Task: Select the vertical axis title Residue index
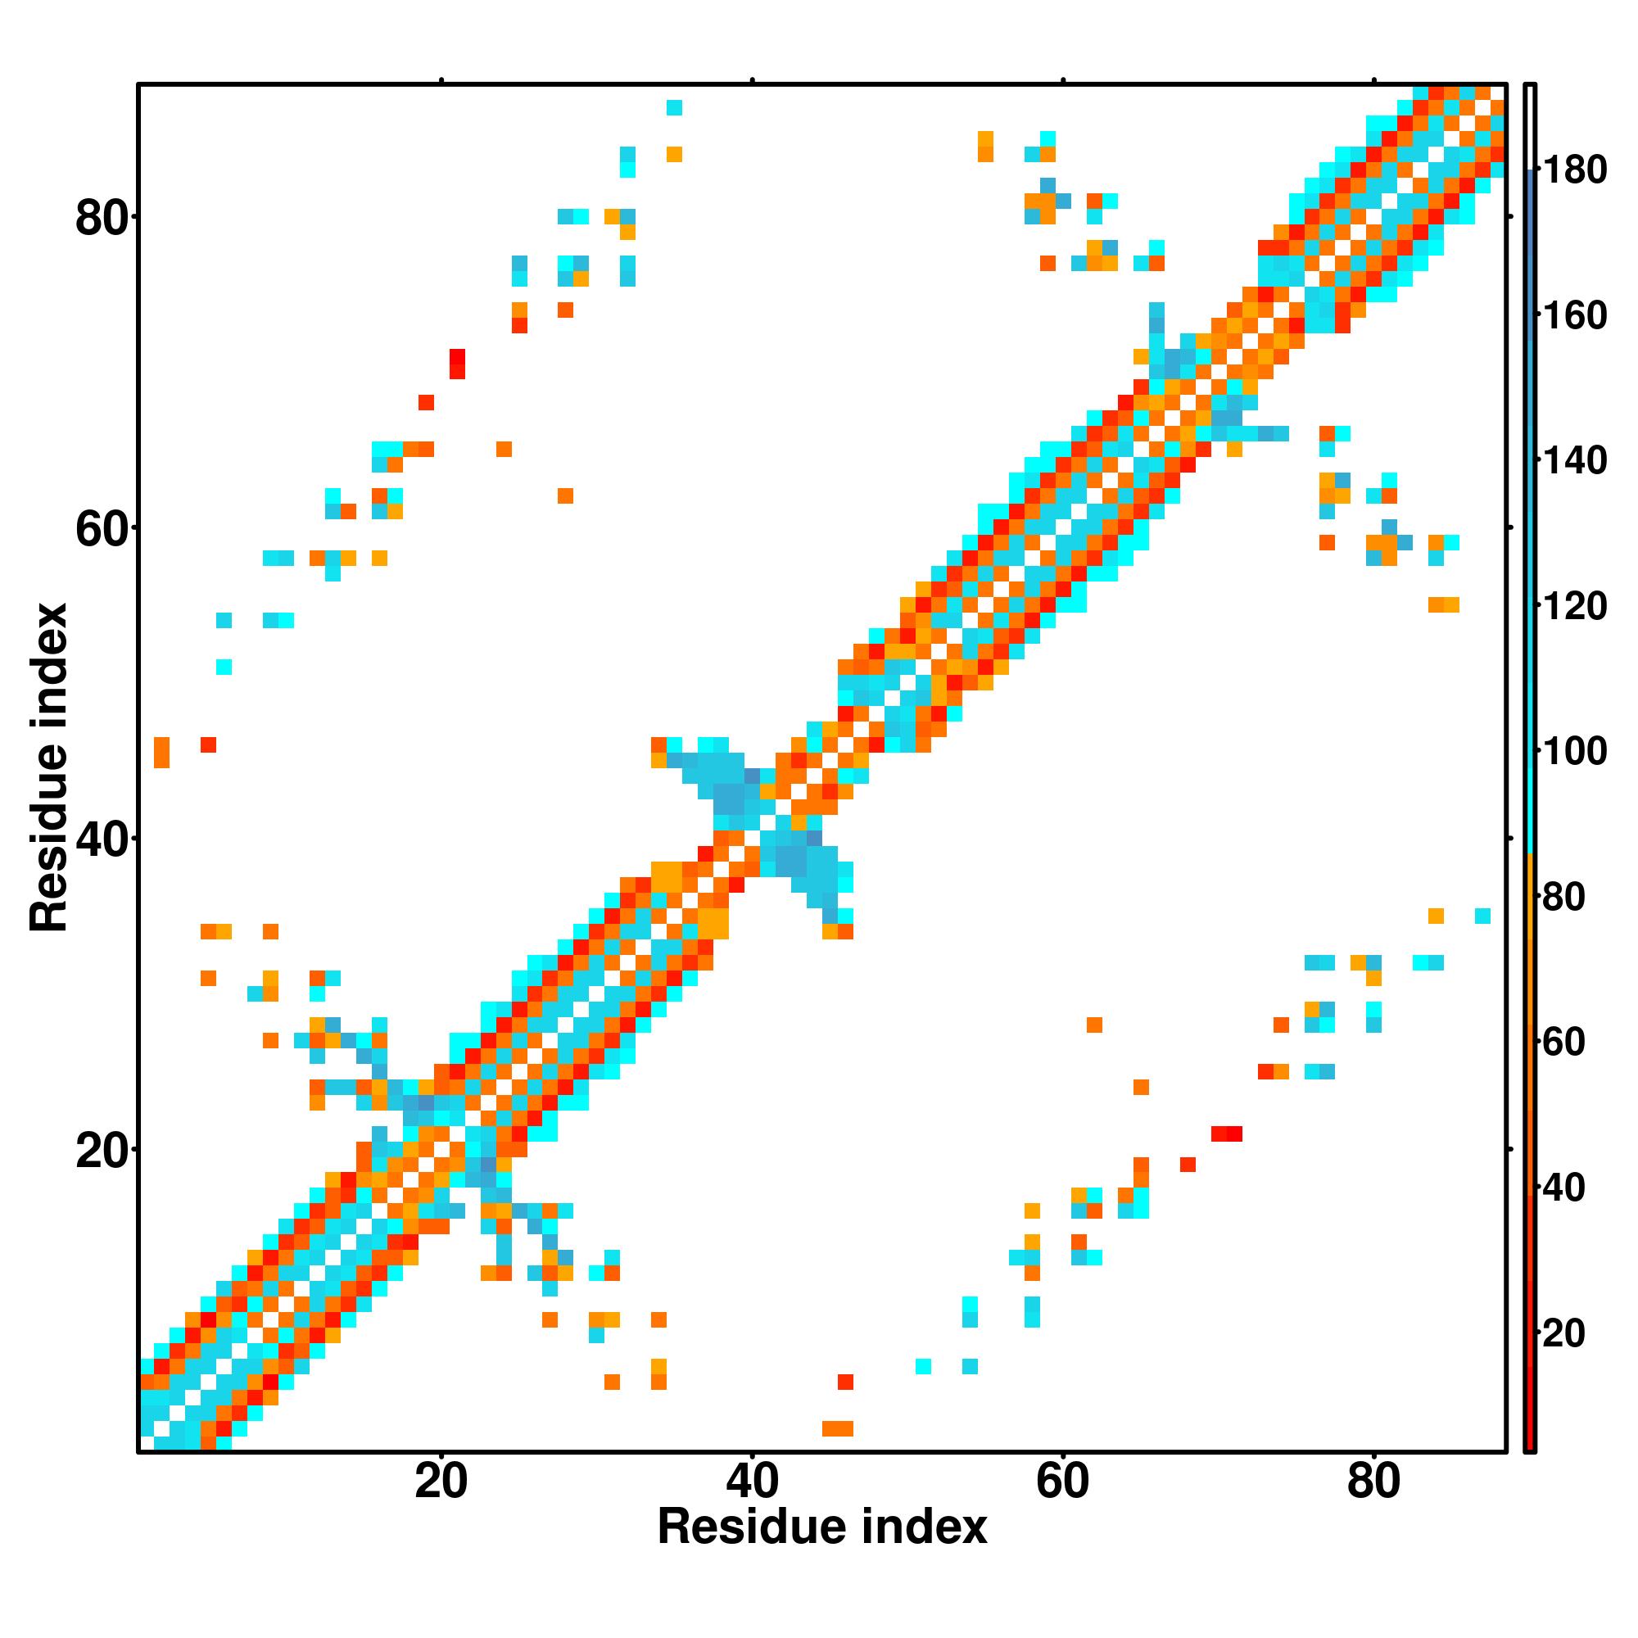pyautogui.click(x=48, y=767)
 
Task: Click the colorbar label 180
pyautogui.click(x=1574, y=170)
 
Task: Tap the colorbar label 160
pyautogui.click(x=1574, y=315)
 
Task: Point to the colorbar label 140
pyautogui.click(x=1574, y=461)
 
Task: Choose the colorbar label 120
pyautogui.click(x=1574, y=606)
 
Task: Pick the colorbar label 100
pyautogui.click(x=1574, y=751)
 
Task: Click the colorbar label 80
pyautogui.click(x=1564, y=897)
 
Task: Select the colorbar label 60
pyautogui.click(x=1564, y=1042)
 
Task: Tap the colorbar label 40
pyautogui.click(x=1564, y=1188)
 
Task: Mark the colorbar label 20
pyautogui.click(x=1564, y=1333)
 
